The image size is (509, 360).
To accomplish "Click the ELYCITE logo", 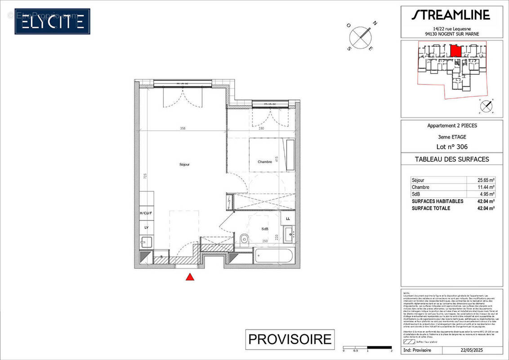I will coord(52,21).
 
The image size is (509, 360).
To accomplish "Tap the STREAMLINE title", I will coord(451,15).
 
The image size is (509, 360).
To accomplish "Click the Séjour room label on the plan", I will coord(184,165).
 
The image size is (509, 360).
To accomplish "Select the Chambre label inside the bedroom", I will coord(264,162).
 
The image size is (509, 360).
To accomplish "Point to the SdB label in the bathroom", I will coord(265,229).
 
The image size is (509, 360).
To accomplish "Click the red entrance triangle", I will coord(190,277).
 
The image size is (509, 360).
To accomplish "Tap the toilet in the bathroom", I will coord(244,238).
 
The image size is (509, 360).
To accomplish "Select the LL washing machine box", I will coord(288,219).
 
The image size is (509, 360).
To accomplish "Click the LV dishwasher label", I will coord(146,228).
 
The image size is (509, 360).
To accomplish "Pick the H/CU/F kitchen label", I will coord(146,213).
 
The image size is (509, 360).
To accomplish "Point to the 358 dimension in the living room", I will coord(183,128).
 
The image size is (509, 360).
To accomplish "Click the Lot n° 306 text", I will coord(451,147).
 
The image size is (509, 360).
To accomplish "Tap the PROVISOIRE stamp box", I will coord(290,339).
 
